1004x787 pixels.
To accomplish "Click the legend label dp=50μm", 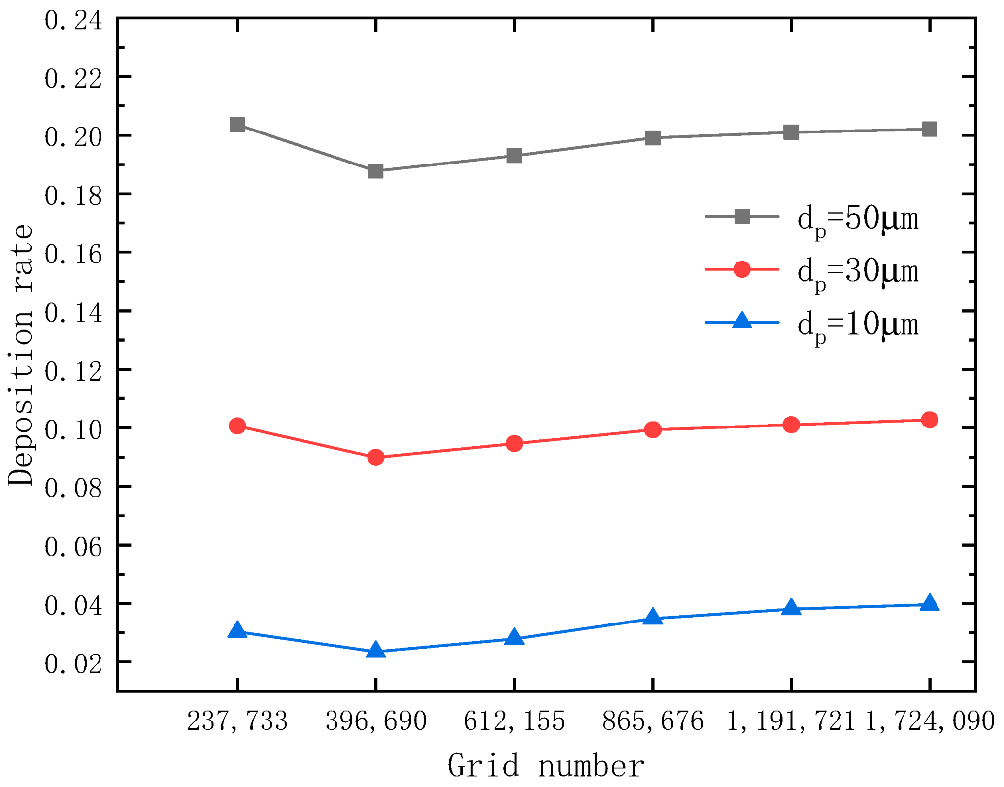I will [x=858, y=219].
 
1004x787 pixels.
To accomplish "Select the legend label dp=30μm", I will [x=858, y=272].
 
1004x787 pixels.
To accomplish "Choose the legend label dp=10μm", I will [x=858, y=326].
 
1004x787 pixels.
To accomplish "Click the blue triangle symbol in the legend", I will [x=741, y=321].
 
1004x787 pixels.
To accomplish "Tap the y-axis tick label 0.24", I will [x=73, y=21].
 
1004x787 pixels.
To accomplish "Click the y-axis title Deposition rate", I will [x=21, y=355].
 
